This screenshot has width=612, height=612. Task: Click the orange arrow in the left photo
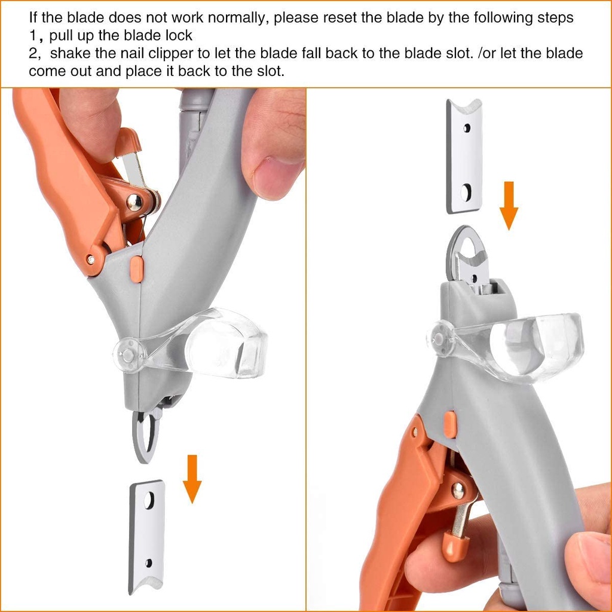pyautogui.click(x=192, y=479)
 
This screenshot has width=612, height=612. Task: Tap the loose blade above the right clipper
pyautogui.click(x=464, y=156)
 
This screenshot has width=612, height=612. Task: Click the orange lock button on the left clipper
pyautogui.click(x=136, y=269)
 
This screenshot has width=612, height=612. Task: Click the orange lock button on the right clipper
pyautogui.click(x=450, y=424)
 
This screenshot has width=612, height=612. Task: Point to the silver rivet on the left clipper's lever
pyautogui.click(x=134, y=203)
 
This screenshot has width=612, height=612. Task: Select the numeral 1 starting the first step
pyautogui.click(x=33, y=35)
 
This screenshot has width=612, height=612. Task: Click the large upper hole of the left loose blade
pyautogui.click(x=149, y=501)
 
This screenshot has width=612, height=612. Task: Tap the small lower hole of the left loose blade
pyautogui.click(x=149, y=563)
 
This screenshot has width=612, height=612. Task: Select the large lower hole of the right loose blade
pyautogui.click(x=466, y=192)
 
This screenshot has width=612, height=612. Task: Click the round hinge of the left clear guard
pyautogui.click(x=128, y=355)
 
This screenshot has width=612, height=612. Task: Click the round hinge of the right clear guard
pyautogui.click(x=439, y=339)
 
